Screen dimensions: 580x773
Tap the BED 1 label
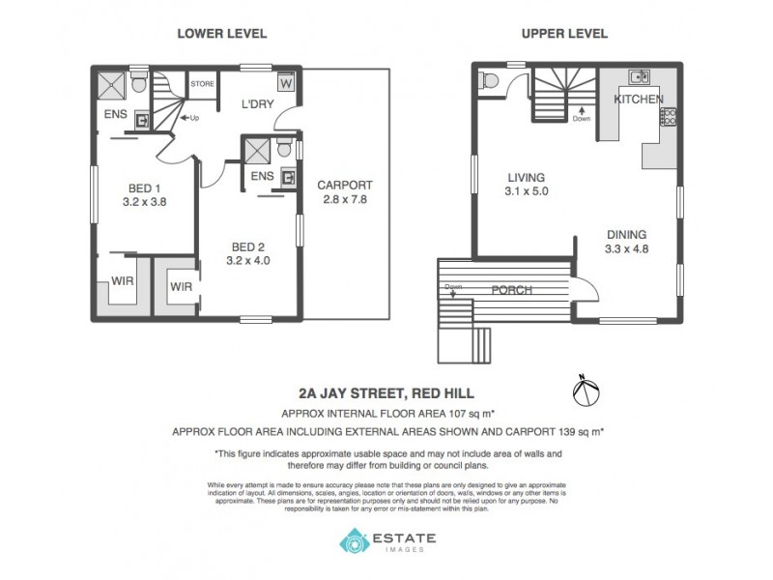click(x=146, y=188)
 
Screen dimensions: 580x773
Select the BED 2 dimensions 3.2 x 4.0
click(x=248, y=260)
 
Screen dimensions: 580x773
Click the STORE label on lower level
click(x=202, y=85)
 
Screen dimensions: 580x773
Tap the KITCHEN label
click(x=638, y=100)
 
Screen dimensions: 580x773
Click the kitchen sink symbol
click(x=638, y=76)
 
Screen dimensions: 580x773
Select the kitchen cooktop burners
click(x=668, y=118)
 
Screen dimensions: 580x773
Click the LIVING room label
click(x=527, y=178)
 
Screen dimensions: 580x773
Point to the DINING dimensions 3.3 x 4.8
click(x=626, y=248)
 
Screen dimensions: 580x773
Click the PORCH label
click(x=513, y=290)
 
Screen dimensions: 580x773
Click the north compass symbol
click(x=587, y=391)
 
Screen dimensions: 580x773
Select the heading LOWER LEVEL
click(x=221, y=34)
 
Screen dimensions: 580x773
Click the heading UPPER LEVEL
click(x=564, y=34)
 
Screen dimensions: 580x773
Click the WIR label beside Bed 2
click(x=182, y=287)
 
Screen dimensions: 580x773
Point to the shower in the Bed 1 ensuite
click(x=115, y=83)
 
